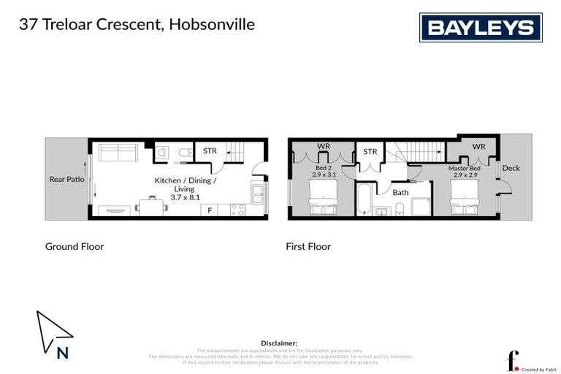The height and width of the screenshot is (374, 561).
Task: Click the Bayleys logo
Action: pos(480,28)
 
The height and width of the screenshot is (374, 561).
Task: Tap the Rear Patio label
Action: pos(66,179)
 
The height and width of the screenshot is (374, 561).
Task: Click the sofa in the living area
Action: pos(118,153)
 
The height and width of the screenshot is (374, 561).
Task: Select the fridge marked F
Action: pos(210,210)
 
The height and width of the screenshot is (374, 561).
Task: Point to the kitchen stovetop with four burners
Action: pos(238,210)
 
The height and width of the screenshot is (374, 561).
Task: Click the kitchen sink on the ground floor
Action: pos(257,193)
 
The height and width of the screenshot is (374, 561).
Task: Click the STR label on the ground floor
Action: pos(210,151)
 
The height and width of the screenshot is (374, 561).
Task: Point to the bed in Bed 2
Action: pos(322,198)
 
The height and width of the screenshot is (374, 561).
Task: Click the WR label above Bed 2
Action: pos(323,146)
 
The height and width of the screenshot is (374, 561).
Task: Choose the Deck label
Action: pos(511,168)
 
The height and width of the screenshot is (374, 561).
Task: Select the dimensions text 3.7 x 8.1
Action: pos(185,196)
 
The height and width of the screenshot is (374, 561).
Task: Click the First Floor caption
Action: pos(308,247)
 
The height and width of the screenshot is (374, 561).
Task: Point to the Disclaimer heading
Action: pos(279,343)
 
